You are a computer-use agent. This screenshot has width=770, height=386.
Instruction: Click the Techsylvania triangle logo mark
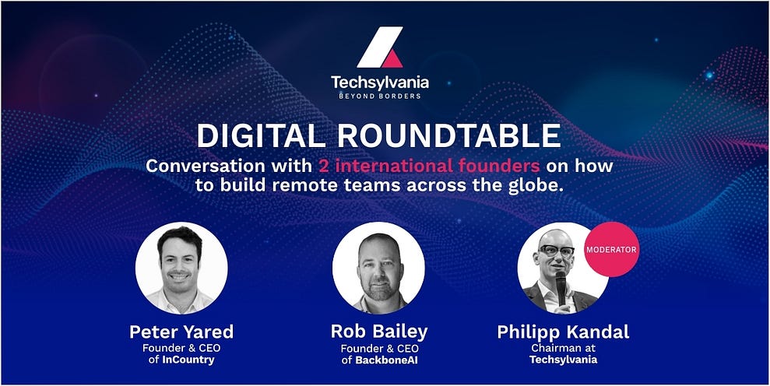pos(380,47)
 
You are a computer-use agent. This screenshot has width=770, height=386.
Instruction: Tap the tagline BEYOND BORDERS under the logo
pos(380,96)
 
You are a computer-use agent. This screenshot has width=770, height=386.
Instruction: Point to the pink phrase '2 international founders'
pos(429,166)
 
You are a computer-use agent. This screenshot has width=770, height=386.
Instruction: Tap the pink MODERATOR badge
pos(611,250)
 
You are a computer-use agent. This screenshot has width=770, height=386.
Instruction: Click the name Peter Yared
pos(181,332)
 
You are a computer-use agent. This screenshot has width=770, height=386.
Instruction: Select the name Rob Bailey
pos(379,332)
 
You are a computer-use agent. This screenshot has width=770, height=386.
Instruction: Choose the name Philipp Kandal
pos(563,332)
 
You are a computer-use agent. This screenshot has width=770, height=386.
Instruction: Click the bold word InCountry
pos(188,360)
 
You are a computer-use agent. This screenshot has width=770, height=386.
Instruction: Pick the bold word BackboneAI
pos(386,360)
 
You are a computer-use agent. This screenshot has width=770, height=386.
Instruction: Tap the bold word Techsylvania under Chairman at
pos(563,360)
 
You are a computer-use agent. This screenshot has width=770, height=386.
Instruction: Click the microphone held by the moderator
pos(561,287)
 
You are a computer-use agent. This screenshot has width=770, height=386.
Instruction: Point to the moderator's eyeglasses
pos(556,251)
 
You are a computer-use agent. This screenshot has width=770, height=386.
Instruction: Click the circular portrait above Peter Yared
pos(181,268)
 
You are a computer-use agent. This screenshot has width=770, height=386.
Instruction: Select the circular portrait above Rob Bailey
pos(378,268)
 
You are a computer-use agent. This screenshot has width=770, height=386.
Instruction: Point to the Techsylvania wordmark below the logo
pos(380,82)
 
